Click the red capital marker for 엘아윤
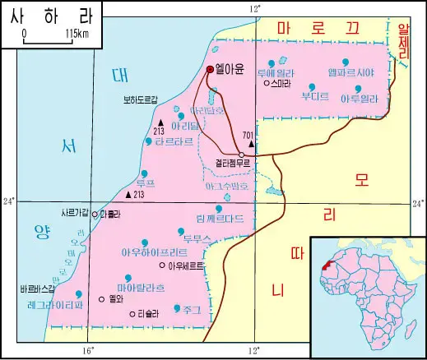pyautogui.click(x=211, y=70)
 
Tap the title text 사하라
pyautogui.click(x=46, y=16)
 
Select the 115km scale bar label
pyautogui.click(x=74, y=34)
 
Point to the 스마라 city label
pyautogui.click(x=282, y=83)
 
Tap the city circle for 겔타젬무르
pyautogui.click(x=241, y=155)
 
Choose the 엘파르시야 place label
pyautogui.click(x=351, y=72)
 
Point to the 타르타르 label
pyautogui.click(x=174, y=141)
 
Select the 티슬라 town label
pyautogui.click(x=147, y=313)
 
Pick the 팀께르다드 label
pyautogui.click(x=220, y=219)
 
